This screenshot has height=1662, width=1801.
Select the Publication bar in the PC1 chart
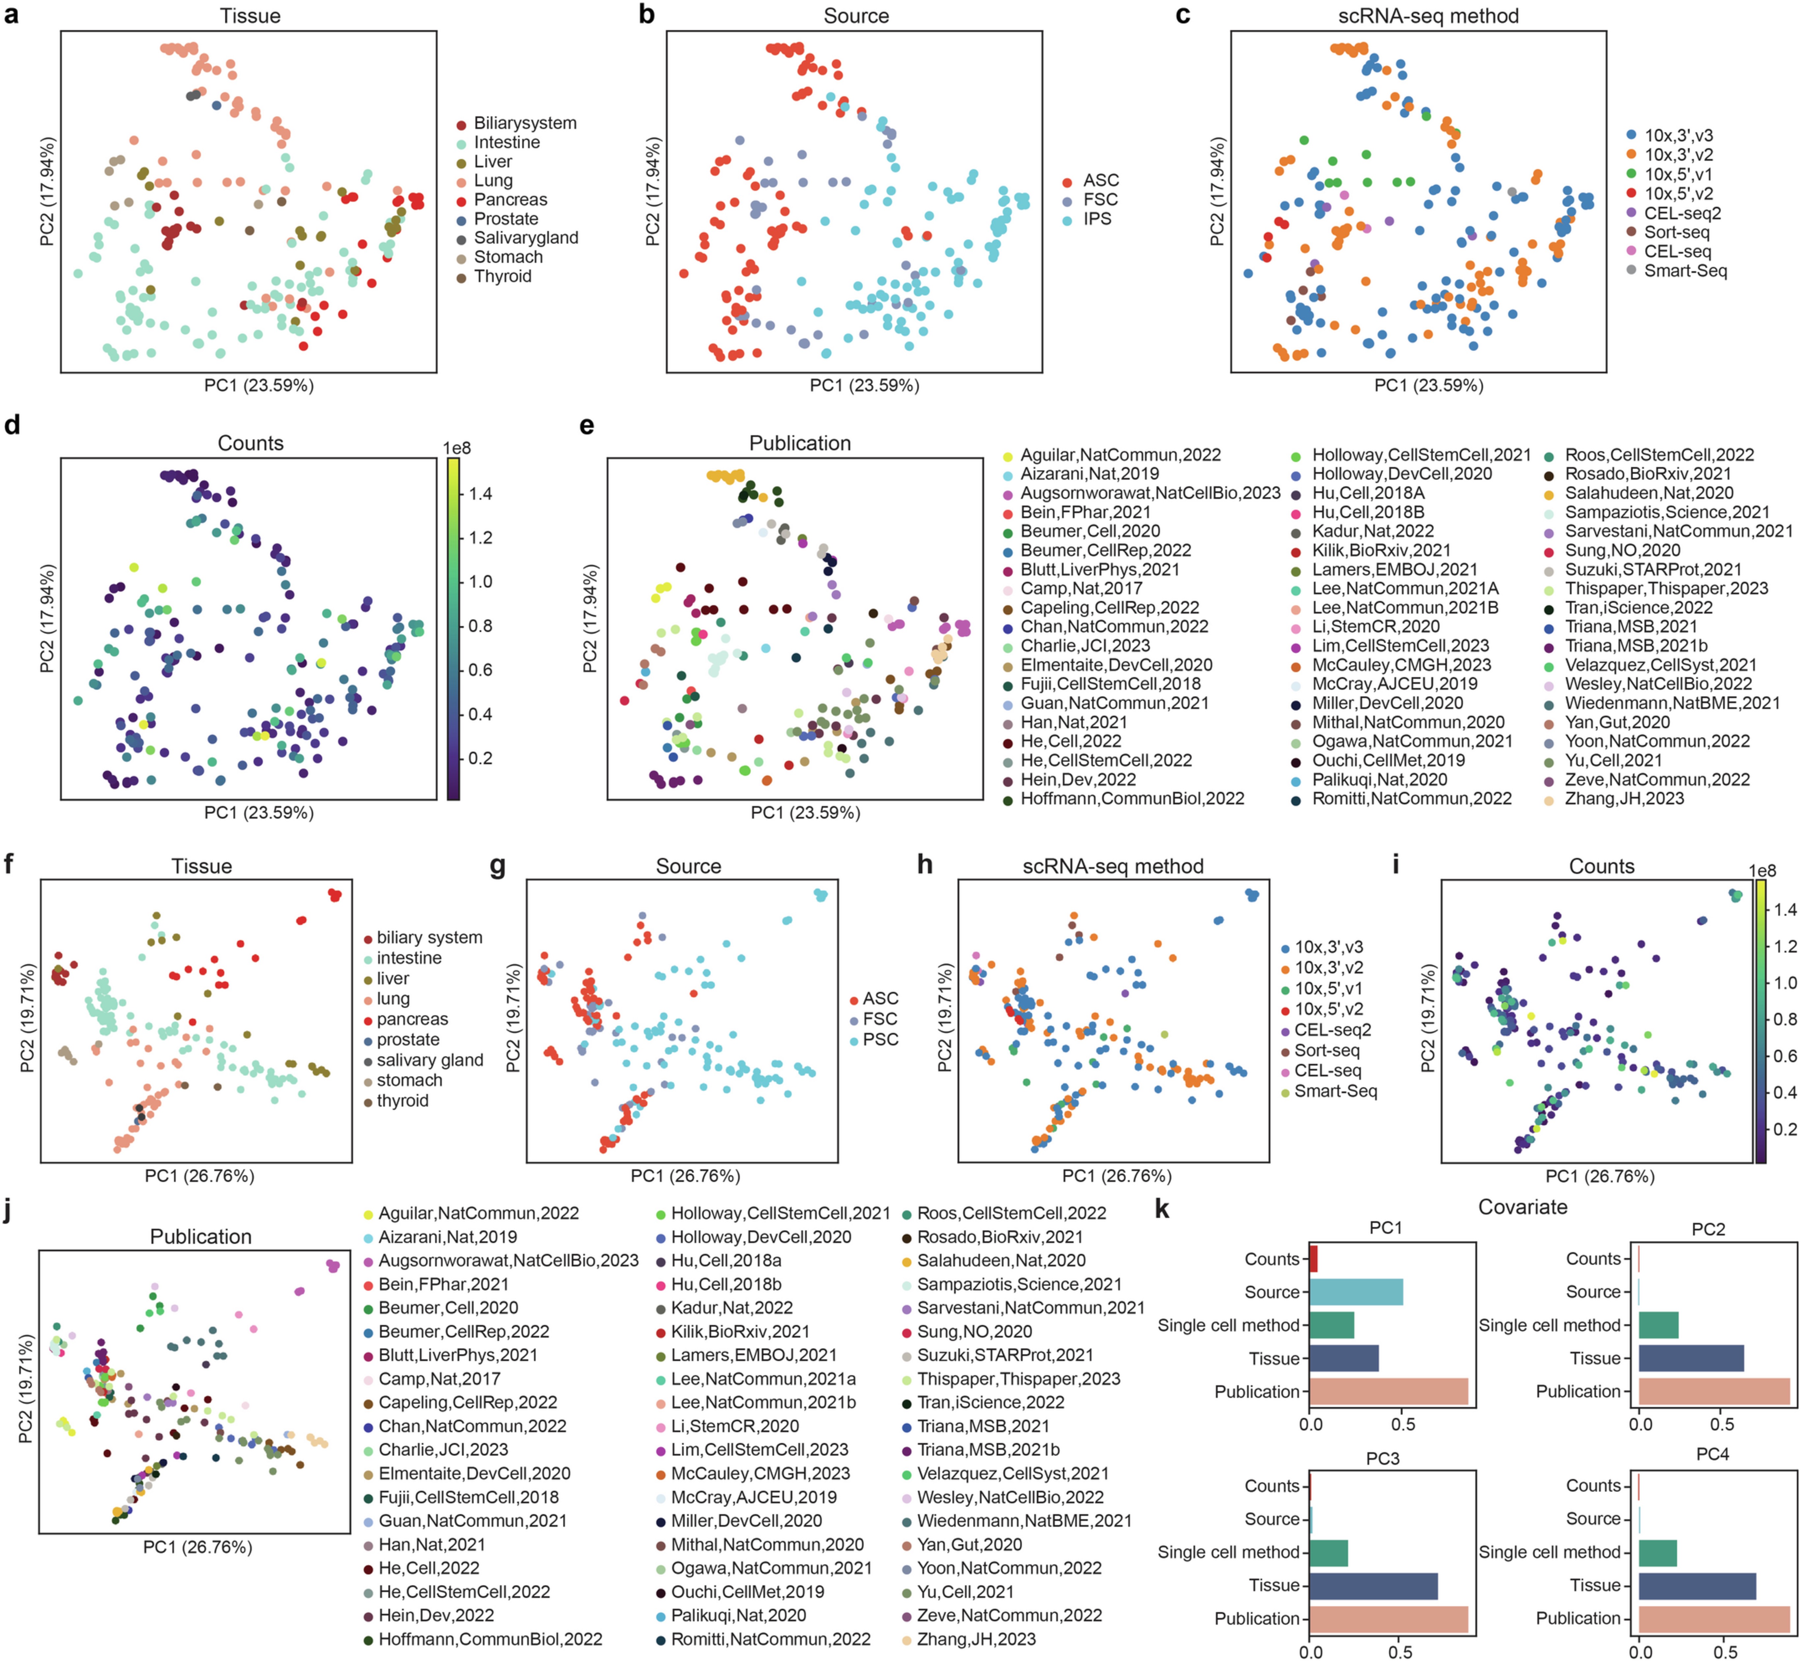click(1388, 1391)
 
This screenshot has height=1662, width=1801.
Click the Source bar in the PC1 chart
click(1356, 1292)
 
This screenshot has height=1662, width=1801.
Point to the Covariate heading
click(1522, 1207)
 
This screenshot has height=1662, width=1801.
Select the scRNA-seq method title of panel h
click(1113, 866)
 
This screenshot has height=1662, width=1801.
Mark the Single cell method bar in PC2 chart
click(1658, 1326)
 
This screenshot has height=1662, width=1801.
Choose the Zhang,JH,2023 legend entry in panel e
click(1624, 799)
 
